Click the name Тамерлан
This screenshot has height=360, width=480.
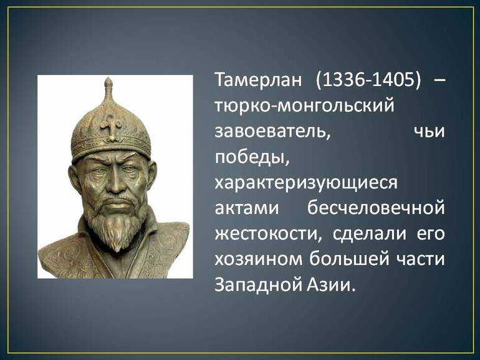pyautogui.click(x=258, y=80)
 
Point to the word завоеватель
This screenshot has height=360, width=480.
pyautogui.click(x=272, y=132)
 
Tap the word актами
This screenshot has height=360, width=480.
pyautogui.click(x=247, y=208)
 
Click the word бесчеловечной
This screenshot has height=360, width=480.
pyautogui.click(x=376, y=208)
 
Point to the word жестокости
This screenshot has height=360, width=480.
pyautogui.click(x=269, y=235)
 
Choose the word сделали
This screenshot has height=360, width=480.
pyautogui.click(x=370, y=235)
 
